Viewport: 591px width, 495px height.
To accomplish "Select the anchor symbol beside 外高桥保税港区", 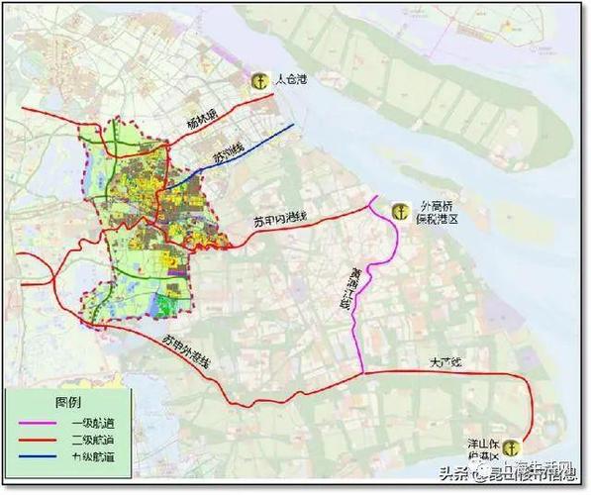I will [x=400, y=210].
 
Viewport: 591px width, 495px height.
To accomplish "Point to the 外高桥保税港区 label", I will [x=443, y=216].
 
